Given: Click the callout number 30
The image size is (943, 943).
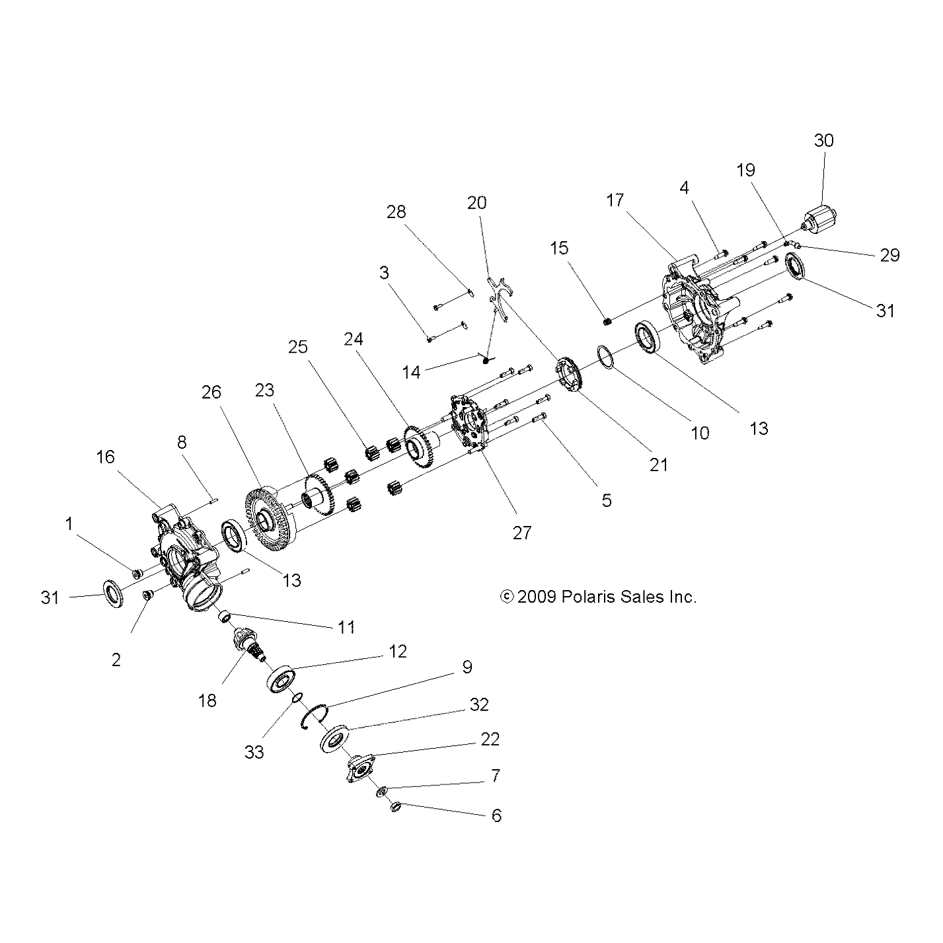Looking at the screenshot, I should pos(823,141).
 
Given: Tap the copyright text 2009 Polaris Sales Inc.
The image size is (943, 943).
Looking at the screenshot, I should pos(599,597).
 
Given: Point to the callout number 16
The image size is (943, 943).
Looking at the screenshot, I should pos(105,457).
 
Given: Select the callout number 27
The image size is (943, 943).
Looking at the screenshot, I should pos(521,533).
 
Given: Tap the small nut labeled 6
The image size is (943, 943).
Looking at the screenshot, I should pos(396,807).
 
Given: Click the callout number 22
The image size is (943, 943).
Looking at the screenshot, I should pos(490,739).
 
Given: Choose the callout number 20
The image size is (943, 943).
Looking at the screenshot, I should pos(476,202).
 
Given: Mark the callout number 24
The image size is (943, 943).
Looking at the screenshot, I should pos(354,340).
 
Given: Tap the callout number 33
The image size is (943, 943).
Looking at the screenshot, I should pos(254,751).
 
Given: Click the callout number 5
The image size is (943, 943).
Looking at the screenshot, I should pos(606,501).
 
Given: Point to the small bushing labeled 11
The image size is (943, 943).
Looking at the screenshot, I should pos(225,617).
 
